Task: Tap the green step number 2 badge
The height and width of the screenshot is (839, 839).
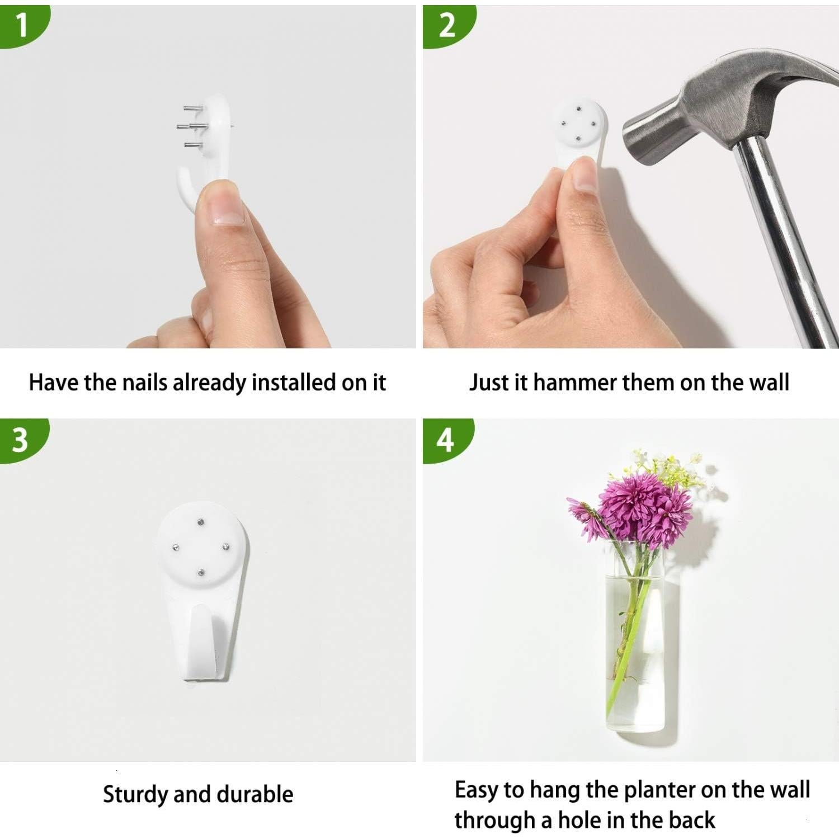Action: click(x=446, y=25)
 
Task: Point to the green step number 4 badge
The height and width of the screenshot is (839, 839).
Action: click(x=445, y=440)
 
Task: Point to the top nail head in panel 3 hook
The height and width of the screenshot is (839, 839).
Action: click(x=201, y=523)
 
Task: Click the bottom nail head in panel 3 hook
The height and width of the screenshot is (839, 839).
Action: click(x=200, y=572)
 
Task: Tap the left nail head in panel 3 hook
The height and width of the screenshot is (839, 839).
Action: click(x=176, y=547)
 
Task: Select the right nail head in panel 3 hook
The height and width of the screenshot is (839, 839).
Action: click(x=226, y=546)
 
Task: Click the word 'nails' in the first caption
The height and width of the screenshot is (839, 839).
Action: click(x=145, y=383)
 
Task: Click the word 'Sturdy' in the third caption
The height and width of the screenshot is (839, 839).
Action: click(x=135, y=794)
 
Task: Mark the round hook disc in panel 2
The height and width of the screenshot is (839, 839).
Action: click(x=579, y=123)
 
